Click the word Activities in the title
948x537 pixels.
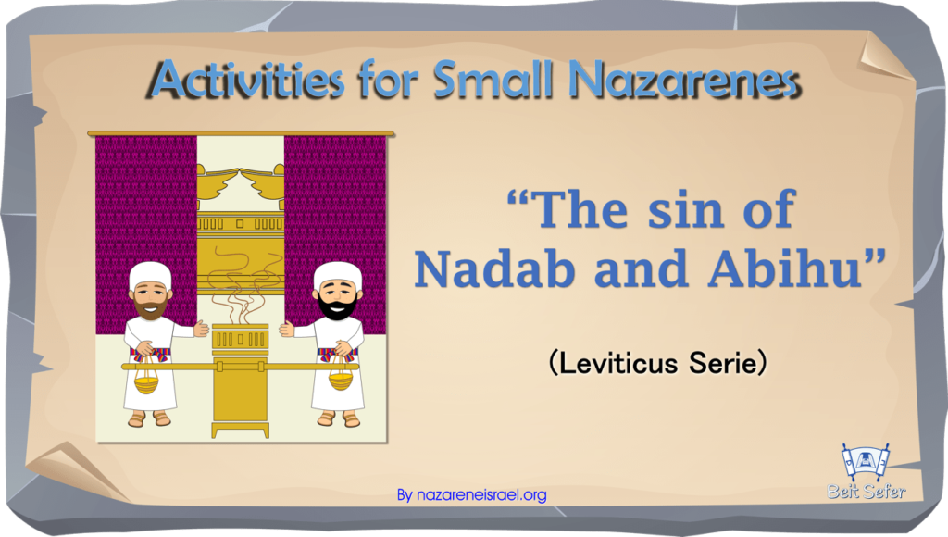tap(246, 80)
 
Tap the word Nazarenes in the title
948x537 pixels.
tap(685, 80)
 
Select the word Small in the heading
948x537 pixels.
tap(493, 80)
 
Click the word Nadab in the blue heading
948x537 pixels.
tap(495, 268)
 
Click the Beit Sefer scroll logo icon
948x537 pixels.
tap(867, 463)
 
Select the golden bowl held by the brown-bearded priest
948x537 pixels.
tap(145, 381)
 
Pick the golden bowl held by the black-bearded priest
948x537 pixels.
tap(341, 380)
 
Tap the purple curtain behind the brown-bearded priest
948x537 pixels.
tap(146, 200)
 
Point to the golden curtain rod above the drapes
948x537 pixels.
tap(241, 133)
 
